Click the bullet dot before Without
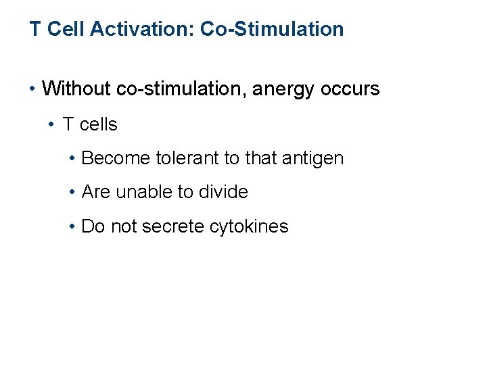tap(33, 89)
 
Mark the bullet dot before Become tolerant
tap(72, 158)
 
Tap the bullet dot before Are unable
tap(72, 193)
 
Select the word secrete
tap(172, 226)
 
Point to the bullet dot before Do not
tap(72, 226)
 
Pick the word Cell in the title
tap(62, 29)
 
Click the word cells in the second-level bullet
tap(99, 124)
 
